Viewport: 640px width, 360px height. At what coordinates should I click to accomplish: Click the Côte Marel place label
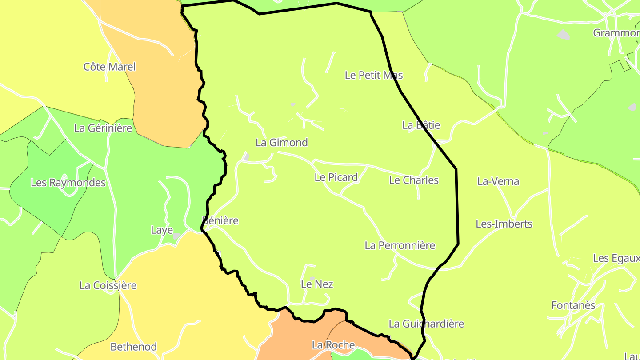click(109, 67)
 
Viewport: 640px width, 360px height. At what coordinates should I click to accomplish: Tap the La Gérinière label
click(103, 128)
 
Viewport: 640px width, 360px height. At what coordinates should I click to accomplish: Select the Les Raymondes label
click(68, 183)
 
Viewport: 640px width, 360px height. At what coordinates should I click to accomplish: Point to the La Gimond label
click(281, 143)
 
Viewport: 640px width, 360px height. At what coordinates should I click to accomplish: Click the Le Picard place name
click(336, 177)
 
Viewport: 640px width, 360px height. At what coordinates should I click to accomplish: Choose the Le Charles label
click(413, 180)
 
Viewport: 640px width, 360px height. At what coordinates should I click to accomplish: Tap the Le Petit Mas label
click(374, 75)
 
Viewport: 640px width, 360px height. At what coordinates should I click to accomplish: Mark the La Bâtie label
click(421, 125)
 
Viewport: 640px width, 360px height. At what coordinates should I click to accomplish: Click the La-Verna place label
click(498, 181)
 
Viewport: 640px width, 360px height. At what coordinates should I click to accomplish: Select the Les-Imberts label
click(504, 224)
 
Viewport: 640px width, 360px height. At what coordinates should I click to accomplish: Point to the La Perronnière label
click(400, 245)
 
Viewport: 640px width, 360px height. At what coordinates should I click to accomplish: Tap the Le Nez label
click(317, 284)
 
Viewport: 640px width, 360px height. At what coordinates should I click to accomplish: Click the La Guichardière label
click(426, 324)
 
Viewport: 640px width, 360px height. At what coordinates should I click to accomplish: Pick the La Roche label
click(333, 345)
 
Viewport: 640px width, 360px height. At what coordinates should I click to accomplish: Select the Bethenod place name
click(133, 347)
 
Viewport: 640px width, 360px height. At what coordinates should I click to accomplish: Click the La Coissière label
click(108, 285)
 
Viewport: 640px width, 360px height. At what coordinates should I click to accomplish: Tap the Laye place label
click(162, 230)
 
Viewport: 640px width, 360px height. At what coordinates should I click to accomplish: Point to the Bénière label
click(220, 221)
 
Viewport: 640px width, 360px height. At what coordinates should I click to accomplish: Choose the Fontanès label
click(573, 306)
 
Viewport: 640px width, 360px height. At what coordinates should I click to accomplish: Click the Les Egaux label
click(616, 258)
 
